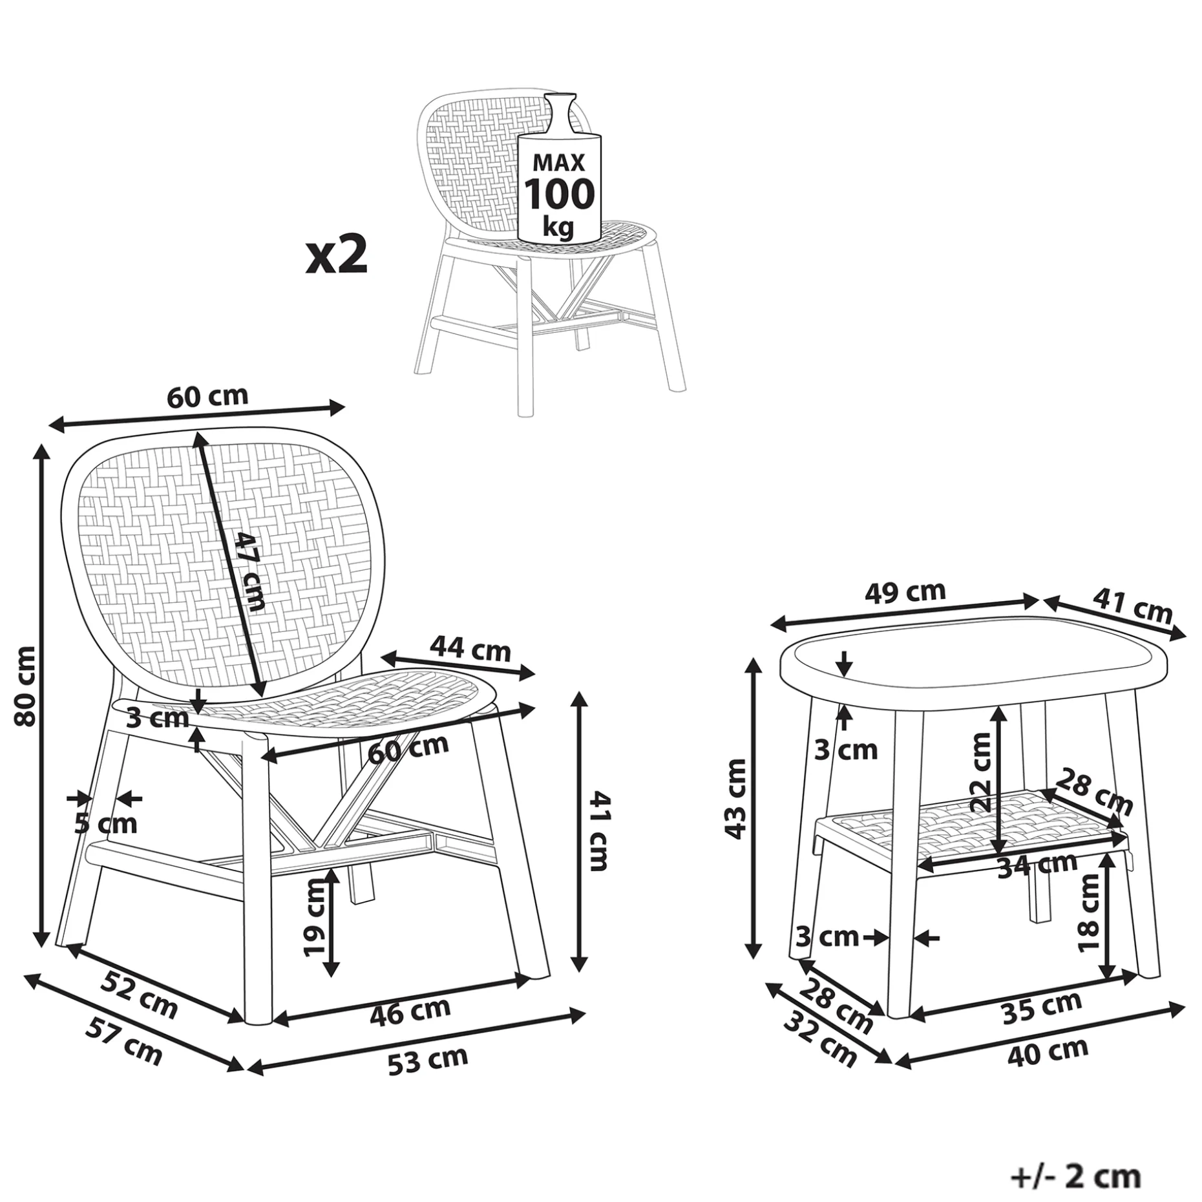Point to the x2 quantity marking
(337, 255)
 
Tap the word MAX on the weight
(558, 162)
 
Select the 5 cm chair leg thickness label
(106, 824)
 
